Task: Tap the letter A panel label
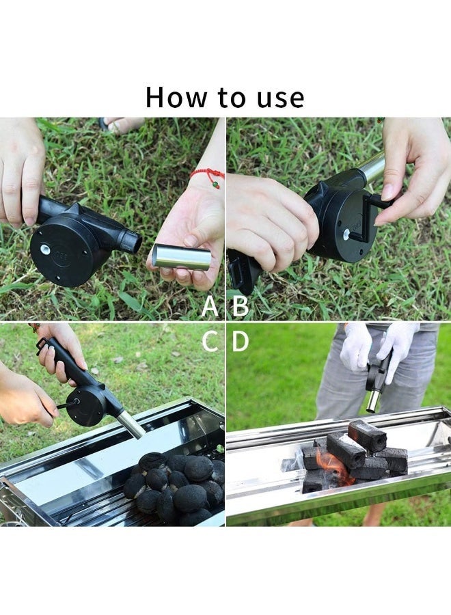[x=210, y=307]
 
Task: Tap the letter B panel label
[x=241, y=307]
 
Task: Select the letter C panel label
[x=210, y=341]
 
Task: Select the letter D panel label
[x=241, y=341]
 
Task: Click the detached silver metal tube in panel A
[x=181, y=257]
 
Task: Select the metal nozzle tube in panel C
[x=129, y=424]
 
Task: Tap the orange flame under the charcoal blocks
[x=333, y=472]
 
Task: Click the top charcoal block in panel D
[x=366, y=435]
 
